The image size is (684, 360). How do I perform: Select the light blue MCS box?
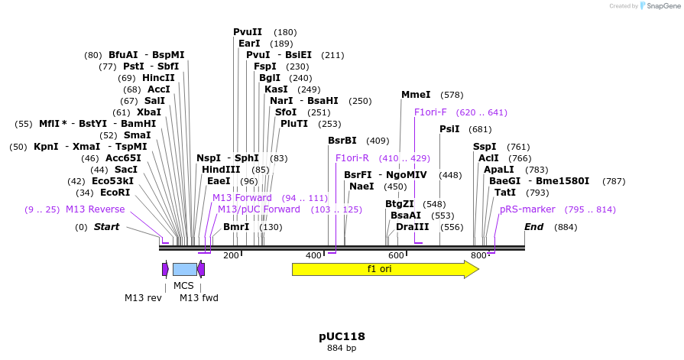184,269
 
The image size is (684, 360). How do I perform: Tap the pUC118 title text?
342,336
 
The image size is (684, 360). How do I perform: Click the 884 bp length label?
342,349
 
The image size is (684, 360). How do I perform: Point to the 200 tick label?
231,256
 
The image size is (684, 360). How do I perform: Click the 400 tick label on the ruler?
313,256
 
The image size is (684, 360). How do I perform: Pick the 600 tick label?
396,256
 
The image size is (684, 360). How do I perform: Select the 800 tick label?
478,256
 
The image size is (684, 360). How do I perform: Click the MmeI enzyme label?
416,95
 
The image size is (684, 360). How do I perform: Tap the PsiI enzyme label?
449,129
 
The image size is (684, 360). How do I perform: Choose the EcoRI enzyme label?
115,193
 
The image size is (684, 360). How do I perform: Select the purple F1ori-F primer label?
430,112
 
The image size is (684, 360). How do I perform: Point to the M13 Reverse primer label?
95,209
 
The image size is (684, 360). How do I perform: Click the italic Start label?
107,227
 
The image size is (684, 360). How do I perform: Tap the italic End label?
533,227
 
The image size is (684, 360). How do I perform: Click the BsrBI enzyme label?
342,141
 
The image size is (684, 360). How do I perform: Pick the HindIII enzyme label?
221,170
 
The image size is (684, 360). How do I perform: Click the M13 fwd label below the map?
199,297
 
